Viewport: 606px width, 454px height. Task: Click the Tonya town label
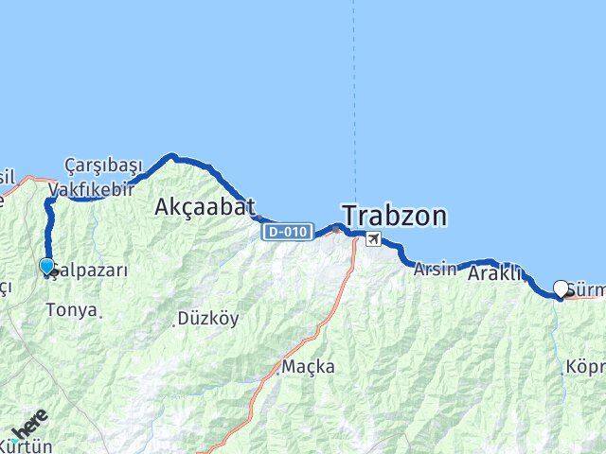71,309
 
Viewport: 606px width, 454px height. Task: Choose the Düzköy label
208,319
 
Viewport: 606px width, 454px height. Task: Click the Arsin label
435,269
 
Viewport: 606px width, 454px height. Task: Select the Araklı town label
495,274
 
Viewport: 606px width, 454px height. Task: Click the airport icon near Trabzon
375,239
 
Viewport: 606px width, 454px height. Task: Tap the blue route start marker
46,267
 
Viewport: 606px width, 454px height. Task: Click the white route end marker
561,288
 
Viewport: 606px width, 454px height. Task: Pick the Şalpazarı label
90,270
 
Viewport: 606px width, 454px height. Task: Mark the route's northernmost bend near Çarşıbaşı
170,155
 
